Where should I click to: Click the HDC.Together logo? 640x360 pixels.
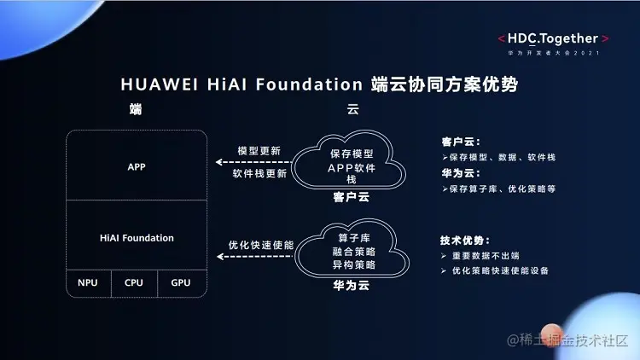pyautogui.click(x=554, y=38)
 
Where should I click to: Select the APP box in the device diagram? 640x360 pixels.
pyautogui.click(x=137, y=166)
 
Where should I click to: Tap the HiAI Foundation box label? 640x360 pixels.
pyautogui.click(x=137, y=238)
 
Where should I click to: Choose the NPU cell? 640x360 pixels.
pyautogui.click(x=88, y=282)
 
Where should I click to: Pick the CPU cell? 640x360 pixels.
pyautogui.click(x=134, y=282)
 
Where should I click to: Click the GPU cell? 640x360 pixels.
pyautogui.click(x=181, y=282)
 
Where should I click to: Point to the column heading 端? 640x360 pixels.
pyautogui.click(x=135, y=110)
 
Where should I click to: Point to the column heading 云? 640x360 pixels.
pyautogui.click(x=352, y=110)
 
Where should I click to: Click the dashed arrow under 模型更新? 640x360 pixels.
pyautogui.click(x=251, y=161)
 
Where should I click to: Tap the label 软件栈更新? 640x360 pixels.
pyautogui.click(x=259, y=173)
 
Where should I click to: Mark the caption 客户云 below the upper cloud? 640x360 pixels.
pyautogui.click(x=350, y=197)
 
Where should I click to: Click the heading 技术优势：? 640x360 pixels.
pyautogui.click(x=466, y=241)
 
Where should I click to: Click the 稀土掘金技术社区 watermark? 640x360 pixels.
pyautogui.click(x=567, y=341)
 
